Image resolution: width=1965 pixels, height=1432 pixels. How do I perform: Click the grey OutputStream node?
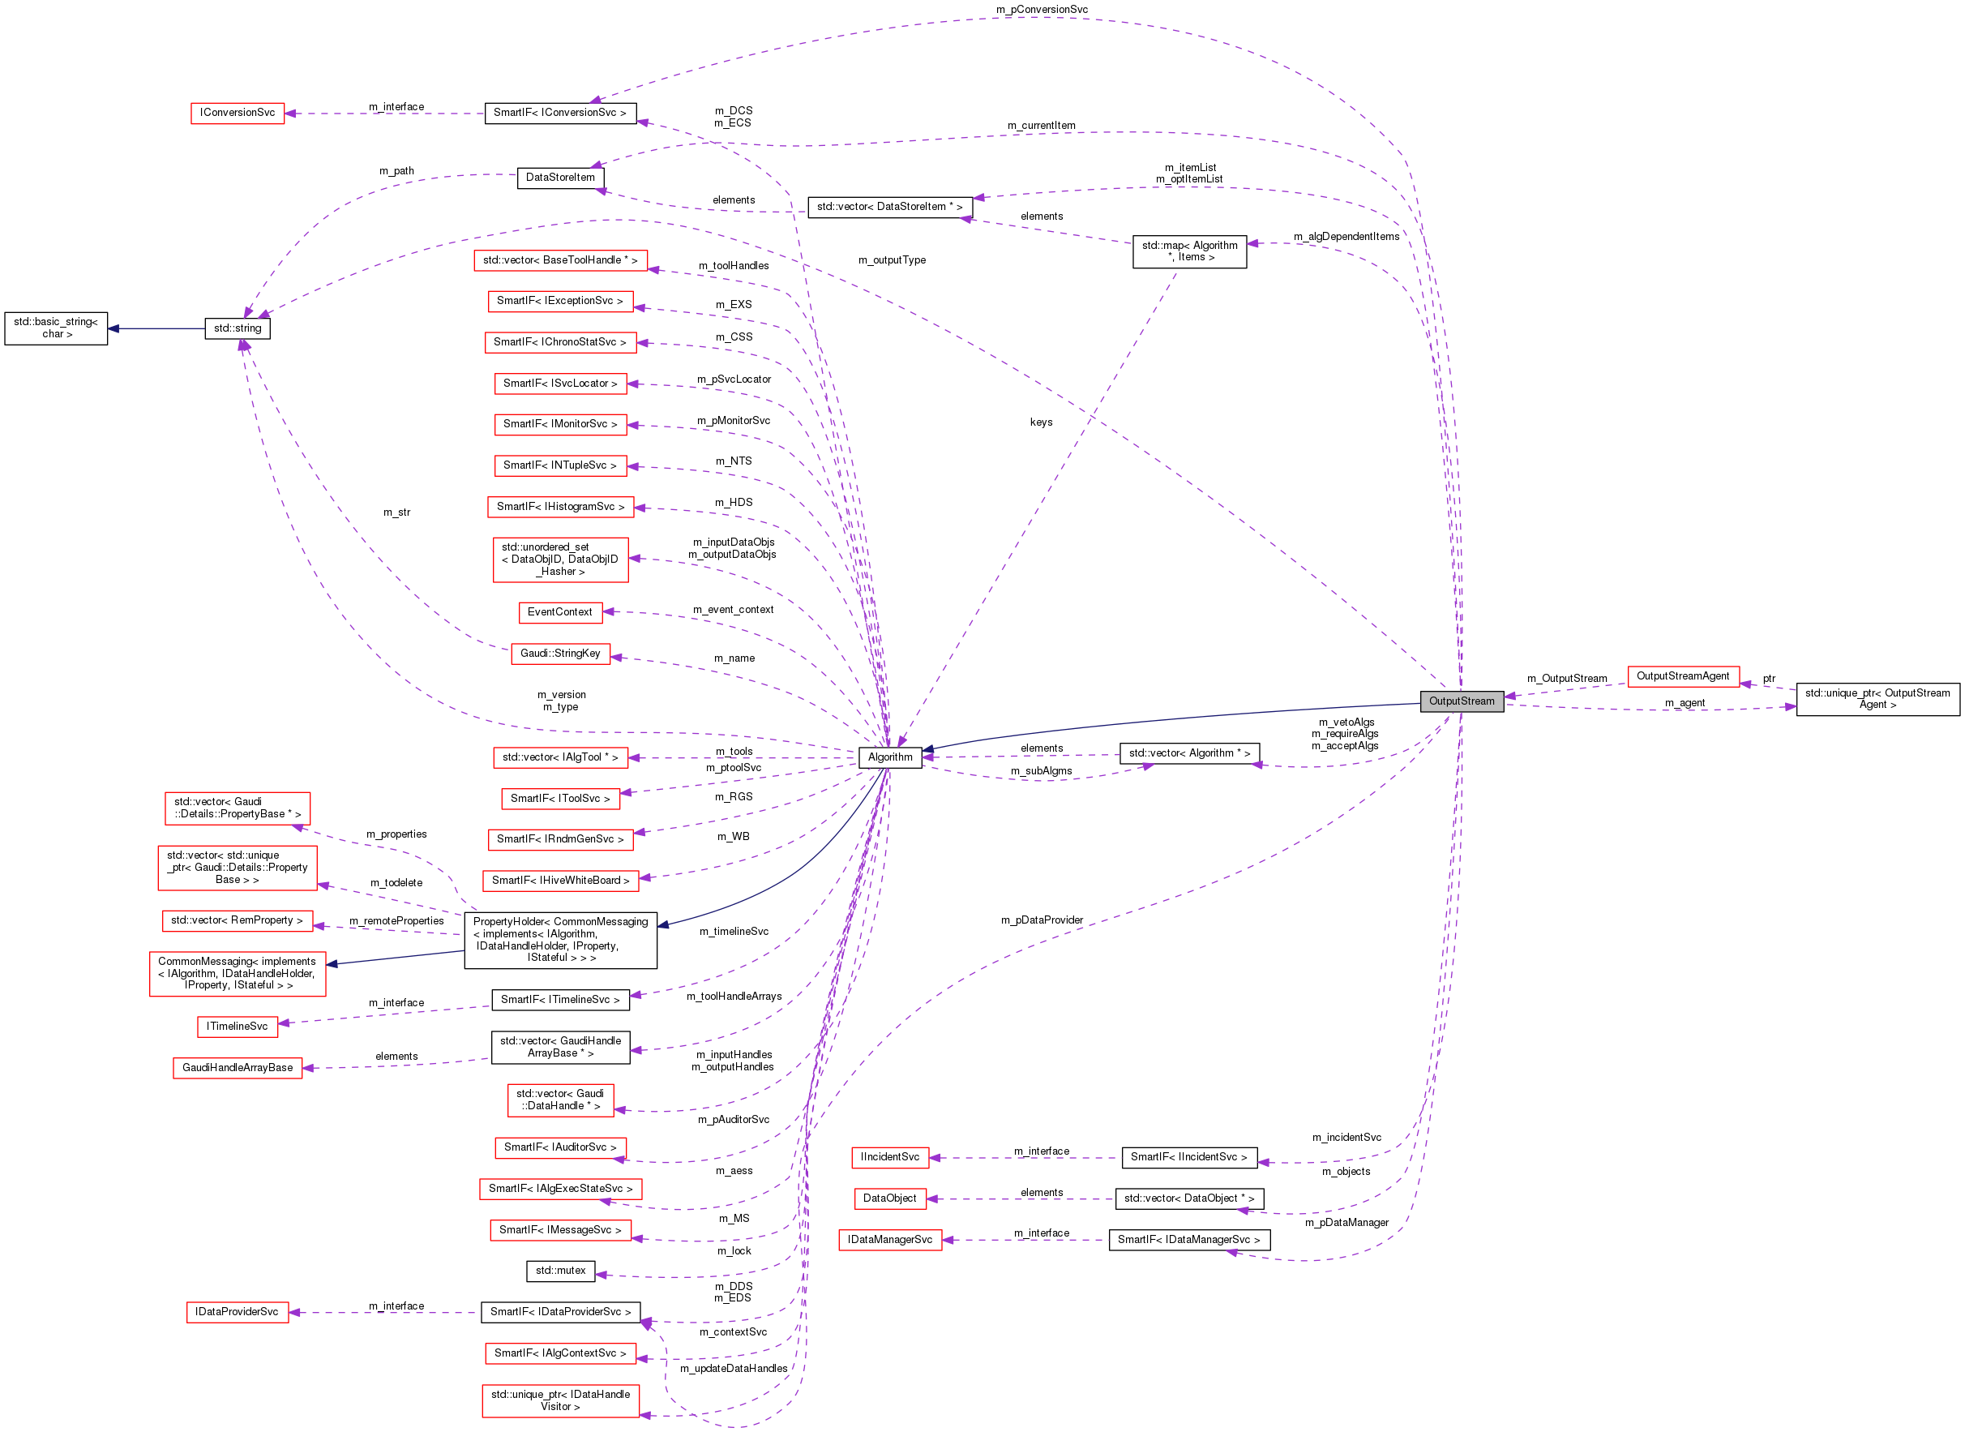[x=1461, y=701]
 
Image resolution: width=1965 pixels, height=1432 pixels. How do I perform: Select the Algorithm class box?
[x=890, y=757]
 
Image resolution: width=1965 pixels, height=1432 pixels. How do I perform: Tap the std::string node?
[x=238, y=328]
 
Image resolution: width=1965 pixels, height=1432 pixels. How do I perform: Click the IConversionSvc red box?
[x=238, y=113]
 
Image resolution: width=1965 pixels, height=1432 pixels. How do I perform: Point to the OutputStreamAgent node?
[x=1683, y=676]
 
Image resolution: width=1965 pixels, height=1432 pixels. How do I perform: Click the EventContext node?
[x=559, y=612]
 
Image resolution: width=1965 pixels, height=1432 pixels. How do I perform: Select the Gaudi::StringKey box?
[x=559, y=654]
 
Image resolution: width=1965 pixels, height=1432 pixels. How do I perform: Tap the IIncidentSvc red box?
[x=890, y=1157]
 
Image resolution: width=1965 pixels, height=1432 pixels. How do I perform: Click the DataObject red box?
[x=890, y=1198]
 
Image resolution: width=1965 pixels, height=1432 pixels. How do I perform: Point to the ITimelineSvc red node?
[x=238, y=1027]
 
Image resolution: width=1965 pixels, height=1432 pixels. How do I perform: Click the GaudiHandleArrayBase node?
[x=238, y=1068]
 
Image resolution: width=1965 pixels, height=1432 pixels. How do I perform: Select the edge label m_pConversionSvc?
[x=1042, y=10]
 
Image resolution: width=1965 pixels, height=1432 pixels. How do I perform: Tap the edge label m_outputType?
[x=892, y=260]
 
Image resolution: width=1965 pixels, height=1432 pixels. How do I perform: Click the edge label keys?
[x=1042, y=422]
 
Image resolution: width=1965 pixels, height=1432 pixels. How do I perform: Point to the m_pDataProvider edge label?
[x=1042, y=920]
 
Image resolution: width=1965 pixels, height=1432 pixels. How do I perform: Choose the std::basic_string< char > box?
[x=56, y=328]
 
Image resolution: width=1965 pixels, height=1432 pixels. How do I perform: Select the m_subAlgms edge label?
[x=1042, y=770]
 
